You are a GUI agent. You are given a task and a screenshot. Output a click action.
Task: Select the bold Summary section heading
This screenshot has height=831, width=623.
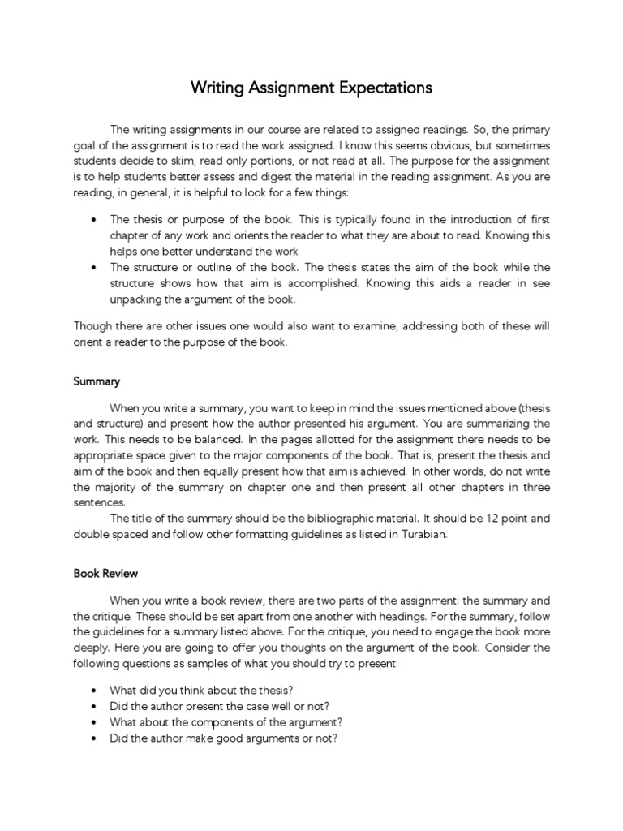(97, 381)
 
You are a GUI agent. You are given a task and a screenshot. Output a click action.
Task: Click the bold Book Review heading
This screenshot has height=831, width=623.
(105, 573)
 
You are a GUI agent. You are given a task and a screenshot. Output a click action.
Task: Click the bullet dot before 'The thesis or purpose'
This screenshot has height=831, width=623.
(95, 220)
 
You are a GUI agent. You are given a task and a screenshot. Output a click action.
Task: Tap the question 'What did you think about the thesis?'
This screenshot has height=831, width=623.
(195, 690)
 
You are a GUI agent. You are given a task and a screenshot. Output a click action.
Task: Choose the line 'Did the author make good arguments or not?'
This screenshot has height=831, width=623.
(223, 738)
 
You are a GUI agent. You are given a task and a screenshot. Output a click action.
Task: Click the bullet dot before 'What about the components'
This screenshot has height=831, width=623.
(95, 722)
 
